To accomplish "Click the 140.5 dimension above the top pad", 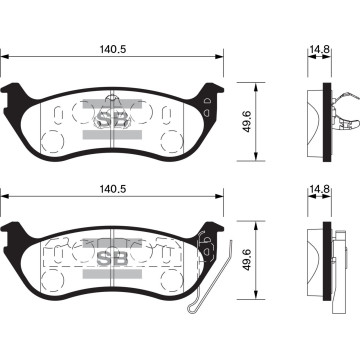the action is point(113,49).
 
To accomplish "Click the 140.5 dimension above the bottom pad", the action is point(113,189).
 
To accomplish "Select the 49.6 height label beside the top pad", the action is point(247,122).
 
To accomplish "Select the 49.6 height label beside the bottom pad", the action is point(247,260).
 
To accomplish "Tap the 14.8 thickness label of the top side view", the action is point(319,49).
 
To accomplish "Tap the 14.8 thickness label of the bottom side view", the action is point(319,189).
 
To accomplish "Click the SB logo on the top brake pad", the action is point(112,119).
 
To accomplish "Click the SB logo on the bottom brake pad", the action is point(112,258).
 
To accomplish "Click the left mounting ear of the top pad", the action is point(14,95).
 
